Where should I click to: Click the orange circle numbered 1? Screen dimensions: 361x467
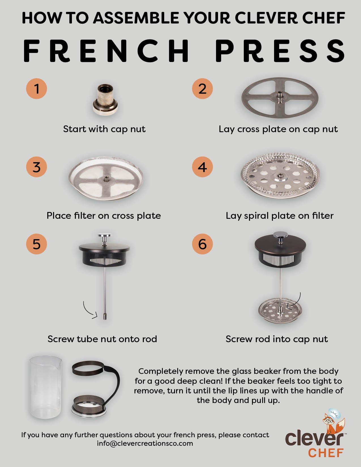[37, 89]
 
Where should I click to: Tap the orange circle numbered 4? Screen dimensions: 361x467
[202, 167]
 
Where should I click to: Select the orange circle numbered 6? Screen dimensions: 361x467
[202, 244]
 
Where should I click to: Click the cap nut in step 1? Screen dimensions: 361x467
[105, 100]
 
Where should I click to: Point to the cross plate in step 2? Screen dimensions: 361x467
[280, 98]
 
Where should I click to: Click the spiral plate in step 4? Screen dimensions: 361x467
[280, 176]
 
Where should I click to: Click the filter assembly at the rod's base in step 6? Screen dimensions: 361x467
[280, 310]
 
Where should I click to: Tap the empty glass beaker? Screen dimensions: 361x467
[46, 387]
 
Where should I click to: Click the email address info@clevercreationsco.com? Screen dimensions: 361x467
[145, 443]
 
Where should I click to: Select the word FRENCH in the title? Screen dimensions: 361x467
[106, 51]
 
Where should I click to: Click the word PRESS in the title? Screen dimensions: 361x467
[280, 51]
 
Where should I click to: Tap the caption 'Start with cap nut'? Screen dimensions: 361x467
[104, 129]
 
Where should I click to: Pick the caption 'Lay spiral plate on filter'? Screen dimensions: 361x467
[279, 216]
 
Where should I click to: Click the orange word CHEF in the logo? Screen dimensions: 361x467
[326, 453]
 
